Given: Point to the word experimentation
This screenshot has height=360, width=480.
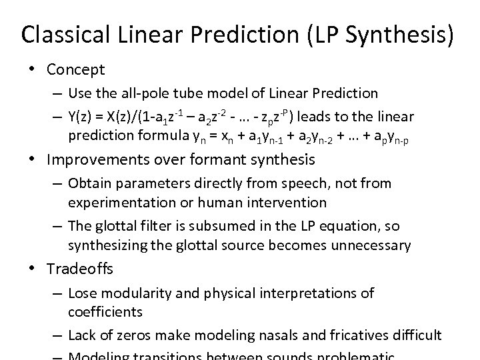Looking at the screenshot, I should pyautogui.click(x=118, y=201).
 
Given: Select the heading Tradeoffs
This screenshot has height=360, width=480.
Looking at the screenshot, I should pyautogui.click(x=80, y=269).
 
